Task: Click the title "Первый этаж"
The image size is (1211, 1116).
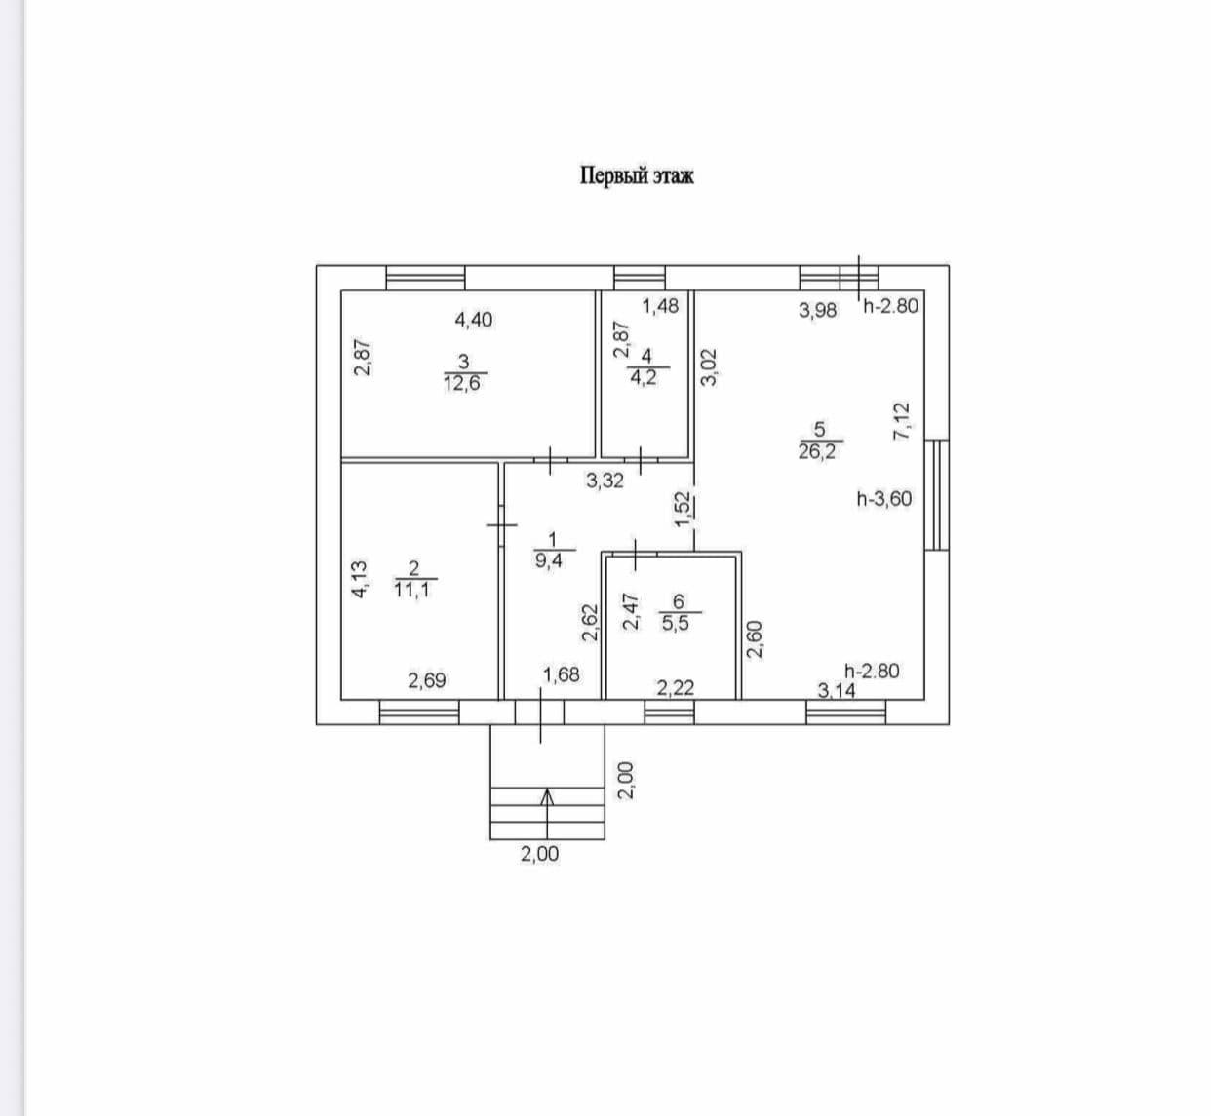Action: [x=637, y=176]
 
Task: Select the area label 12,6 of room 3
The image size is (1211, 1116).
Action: [x=464, y=382]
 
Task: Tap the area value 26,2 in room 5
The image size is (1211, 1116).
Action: [x=817, y=451]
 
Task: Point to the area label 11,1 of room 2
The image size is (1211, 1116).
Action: [x=412, y=589]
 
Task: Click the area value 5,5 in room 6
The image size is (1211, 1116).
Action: [x=676, y=623]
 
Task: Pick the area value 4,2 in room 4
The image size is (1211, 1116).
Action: [x=644, y=377]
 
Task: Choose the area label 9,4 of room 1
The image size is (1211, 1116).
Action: [x=552, y=560]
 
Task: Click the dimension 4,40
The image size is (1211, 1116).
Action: [x=474, y=319]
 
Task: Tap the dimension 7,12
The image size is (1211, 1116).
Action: [x=901, y=422]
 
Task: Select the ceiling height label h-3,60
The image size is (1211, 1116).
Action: [x=884, y=499]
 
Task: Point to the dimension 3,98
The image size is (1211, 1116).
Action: [x=817, y=311]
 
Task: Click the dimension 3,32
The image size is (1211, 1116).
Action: [x=605, y=481]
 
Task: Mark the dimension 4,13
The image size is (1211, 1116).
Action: [x=359, y=579]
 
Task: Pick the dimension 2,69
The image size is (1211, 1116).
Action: [x=426, y=680]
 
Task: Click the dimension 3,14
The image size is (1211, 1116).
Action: [x=836, y=691]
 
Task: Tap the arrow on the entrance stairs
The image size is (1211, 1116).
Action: [x=548, y=797]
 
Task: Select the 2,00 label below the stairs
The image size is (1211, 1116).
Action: [x=539, y=854]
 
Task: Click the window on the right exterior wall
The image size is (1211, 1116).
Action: [x=936, y=494]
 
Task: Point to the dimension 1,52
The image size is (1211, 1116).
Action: [x=683, y=510]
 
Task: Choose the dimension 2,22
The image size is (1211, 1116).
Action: [x=675, y=688]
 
